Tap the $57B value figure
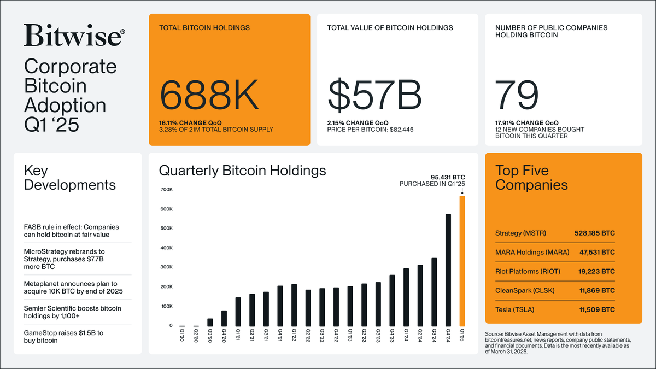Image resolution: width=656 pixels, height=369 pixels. pos(374,94)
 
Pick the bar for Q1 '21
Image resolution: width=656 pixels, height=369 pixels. pos(238,312)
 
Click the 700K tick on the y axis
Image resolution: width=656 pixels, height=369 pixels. pos(166,190)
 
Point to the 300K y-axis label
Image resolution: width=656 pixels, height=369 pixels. pos(166,267)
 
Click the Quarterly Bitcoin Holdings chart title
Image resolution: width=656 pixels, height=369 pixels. pos(242,171)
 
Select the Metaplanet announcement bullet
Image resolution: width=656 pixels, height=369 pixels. pos(71,288)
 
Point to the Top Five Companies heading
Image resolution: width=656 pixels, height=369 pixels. pos(531,177)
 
